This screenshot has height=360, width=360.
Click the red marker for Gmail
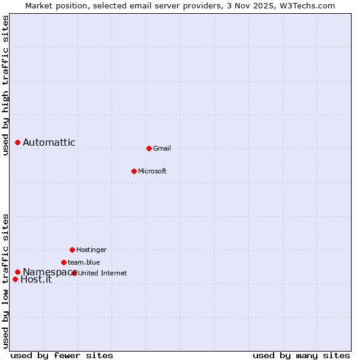tap(149, 148)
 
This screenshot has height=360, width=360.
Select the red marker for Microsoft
tap(134, 171)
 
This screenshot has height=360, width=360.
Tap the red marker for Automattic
tap(18, 142)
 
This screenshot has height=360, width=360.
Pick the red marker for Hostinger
tap(72, 250)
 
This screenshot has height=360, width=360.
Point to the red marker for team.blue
tap(64, 262)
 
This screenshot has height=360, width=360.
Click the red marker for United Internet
tap(74, 273)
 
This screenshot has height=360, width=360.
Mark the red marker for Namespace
tap(18, 272)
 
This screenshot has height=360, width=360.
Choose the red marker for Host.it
tap(15, 279)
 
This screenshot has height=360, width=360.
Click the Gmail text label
tap(162, 148)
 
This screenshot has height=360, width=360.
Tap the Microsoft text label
tap(152, 171)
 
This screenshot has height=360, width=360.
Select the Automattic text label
tap(49, 142)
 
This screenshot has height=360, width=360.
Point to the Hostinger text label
tap(91, 250)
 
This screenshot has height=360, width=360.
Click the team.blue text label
tap(84, 262)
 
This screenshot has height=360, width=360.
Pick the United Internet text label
tap(103, 273)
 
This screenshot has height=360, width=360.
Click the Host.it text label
tap(36, 280)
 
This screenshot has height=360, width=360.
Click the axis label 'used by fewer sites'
tap(62, 355)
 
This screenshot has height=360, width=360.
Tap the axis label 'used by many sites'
tap(301, 355)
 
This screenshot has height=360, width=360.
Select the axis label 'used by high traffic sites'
tap(5, 85)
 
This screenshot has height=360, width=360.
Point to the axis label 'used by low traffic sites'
tap(5, 280)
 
